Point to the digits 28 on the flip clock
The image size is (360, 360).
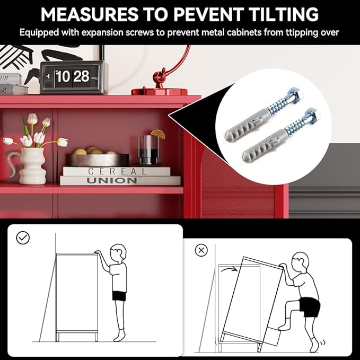point(81,76)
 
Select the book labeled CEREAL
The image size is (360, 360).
point(117,171)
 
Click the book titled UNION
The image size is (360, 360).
point(120,180)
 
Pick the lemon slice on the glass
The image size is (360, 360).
point(158,134)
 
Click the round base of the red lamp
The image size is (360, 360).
point(160,92)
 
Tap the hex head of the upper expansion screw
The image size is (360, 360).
point(292,93)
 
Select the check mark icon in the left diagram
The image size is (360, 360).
point(23,238)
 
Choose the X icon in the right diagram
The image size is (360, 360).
point(201,250)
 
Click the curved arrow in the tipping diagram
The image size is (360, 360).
point(230,268)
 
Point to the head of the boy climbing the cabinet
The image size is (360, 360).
point(301,262)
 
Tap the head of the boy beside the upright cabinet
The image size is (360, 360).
point(118,253)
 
